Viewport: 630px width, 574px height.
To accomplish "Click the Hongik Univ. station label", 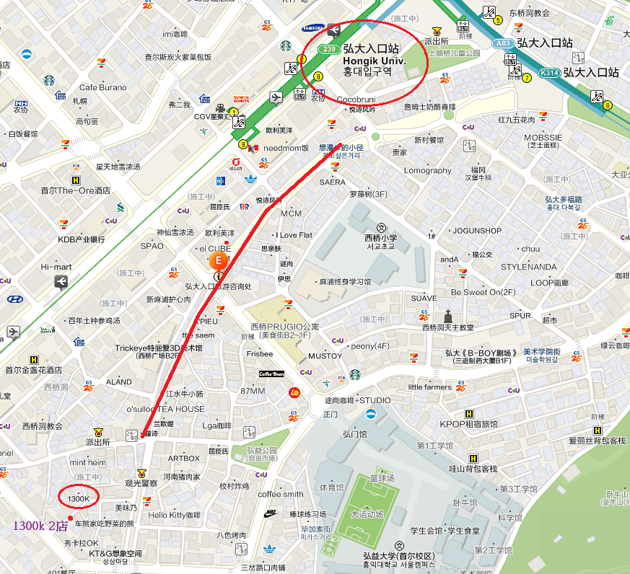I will [374, 61].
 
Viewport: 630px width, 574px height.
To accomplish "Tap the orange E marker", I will [217, 260].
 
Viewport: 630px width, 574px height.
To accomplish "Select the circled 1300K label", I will [78, 498].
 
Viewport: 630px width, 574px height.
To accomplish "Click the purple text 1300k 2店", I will [41, 526].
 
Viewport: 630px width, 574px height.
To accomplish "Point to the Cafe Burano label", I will [102, 87].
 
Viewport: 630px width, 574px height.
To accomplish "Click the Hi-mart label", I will [56, 267].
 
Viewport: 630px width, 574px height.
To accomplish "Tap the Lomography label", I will [427, 171].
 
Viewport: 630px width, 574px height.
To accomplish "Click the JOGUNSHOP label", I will [476, 231].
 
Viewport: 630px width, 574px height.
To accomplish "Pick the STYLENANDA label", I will [528, 267].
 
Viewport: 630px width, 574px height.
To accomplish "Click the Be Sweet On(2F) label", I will [484, 292].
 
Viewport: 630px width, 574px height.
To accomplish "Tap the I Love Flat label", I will [294, 235].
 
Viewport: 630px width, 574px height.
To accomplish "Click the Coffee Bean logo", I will [273, 374].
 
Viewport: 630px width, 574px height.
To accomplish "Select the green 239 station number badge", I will [330, 50].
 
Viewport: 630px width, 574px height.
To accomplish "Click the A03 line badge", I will [504, 43].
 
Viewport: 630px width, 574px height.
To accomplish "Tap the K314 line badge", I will [550, 73].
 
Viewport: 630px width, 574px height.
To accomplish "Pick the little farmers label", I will [429, 387].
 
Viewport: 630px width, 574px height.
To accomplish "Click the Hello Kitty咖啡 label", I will [174, 516].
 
